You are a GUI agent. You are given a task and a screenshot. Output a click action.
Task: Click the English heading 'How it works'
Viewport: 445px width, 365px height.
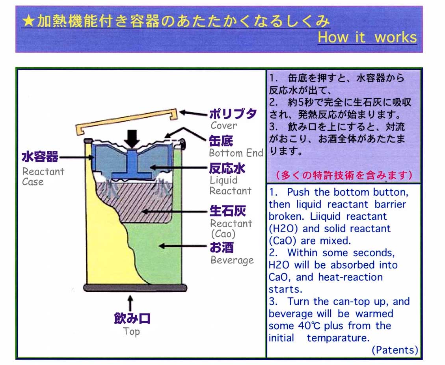[367, 37]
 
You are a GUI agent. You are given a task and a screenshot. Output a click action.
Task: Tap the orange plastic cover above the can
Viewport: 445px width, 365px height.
[127, 121]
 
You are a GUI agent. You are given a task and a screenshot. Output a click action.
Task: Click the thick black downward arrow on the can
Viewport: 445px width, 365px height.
[132, 139]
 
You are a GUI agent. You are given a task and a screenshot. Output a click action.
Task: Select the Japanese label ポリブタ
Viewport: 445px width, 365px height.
[233, 114]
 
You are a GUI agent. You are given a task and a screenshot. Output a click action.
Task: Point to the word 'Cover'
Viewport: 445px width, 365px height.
[223, 125]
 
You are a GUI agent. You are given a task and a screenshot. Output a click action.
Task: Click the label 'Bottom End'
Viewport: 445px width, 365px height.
[236, 153]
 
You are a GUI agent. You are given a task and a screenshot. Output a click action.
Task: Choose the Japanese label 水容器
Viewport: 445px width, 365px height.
[40, 157]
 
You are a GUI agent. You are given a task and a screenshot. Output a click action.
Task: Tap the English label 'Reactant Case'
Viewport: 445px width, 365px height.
[43, 176]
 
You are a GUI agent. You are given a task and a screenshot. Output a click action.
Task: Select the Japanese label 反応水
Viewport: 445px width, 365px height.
[227, 169]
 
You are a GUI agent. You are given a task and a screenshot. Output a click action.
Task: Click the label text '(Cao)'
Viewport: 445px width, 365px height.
[223, 234]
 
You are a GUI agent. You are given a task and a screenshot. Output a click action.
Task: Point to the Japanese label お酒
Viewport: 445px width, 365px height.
[222, 247]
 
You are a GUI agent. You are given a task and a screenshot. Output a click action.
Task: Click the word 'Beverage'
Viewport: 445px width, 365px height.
[232, 260]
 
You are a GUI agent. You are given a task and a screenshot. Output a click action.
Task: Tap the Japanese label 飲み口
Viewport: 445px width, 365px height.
[132, 318]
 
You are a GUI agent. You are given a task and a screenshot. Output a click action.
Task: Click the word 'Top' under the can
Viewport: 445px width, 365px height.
[131, 331]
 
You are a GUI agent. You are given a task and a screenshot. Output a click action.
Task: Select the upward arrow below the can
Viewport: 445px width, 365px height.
[130, 303]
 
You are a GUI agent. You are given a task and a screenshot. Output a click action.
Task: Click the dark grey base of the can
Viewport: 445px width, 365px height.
[135, 288]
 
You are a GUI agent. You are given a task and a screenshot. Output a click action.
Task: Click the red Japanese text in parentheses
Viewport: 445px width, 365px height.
[344, 175]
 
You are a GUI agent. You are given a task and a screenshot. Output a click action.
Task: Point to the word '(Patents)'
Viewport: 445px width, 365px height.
[395, 350]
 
